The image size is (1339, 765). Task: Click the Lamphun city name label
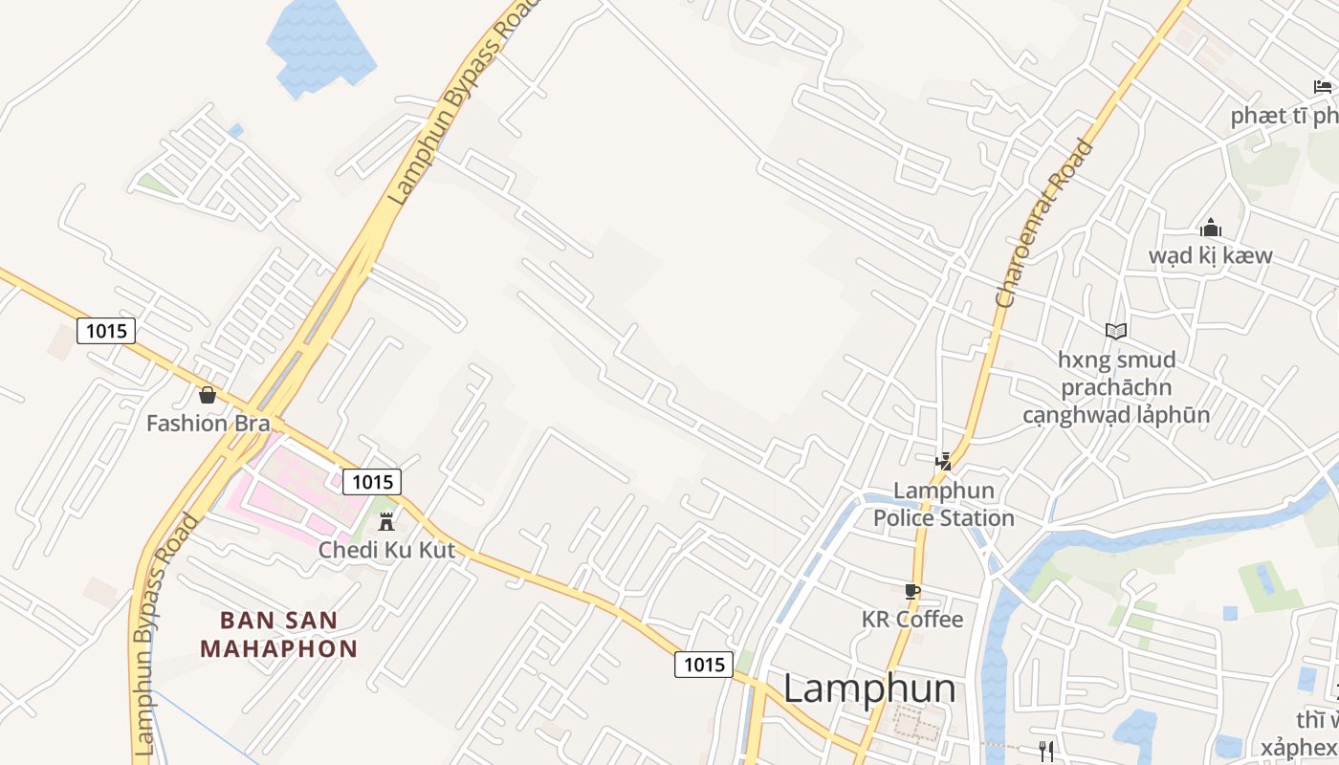tap(869, 688)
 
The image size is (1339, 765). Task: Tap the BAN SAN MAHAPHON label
tap(279, 634)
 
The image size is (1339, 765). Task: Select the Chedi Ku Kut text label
tap(386, 550)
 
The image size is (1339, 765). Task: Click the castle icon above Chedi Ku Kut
tap(386, 521)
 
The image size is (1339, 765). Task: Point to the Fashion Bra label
tap(208, 423)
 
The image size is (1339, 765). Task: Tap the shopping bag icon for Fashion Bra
tap(207, 394)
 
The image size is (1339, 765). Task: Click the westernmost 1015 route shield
tap(106, 331)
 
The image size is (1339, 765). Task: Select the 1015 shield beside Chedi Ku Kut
tap(372, 481)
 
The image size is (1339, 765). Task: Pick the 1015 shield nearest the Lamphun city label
tap(704, 664)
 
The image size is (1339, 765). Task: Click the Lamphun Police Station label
tap(943, 504)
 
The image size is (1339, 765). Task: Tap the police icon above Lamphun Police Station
tap(944, 462)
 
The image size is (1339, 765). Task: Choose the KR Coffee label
tap(912, 619)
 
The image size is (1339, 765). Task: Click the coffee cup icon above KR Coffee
tap(911, 591)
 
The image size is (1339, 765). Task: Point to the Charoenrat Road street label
tap(1043, 223)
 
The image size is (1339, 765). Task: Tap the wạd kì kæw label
tap(1210, 255)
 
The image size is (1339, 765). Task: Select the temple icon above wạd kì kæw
tap(1210, 228)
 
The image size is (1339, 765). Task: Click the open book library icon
tap(1115, 331)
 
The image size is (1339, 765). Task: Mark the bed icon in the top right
tap(1323, 87)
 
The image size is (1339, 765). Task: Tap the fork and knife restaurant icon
tap(1046, 751)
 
